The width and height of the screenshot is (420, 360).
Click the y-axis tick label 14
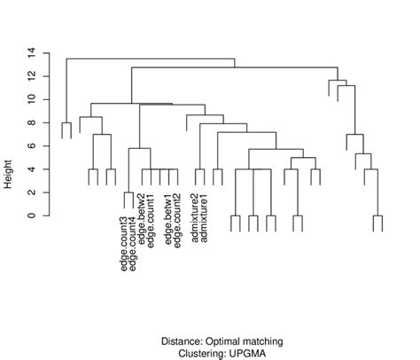(x=30, y=52)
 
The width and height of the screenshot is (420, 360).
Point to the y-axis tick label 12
(x=30, y=76)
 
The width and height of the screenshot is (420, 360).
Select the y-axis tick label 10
(x=30, y=99)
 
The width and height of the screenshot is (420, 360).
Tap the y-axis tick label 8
(x=30, y=122)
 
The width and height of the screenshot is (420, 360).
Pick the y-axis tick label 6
(x=30, y=145)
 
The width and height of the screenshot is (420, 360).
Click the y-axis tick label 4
(x=30, y=168)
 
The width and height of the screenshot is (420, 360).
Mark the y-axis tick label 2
(x=30, y=192)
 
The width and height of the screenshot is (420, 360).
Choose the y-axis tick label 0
(x=30, y=215)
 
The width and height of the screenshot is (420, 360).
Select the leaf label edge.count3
(x=125, y=240)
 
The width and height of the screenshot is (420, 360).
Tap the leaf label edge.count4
(x=134, y=240)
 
